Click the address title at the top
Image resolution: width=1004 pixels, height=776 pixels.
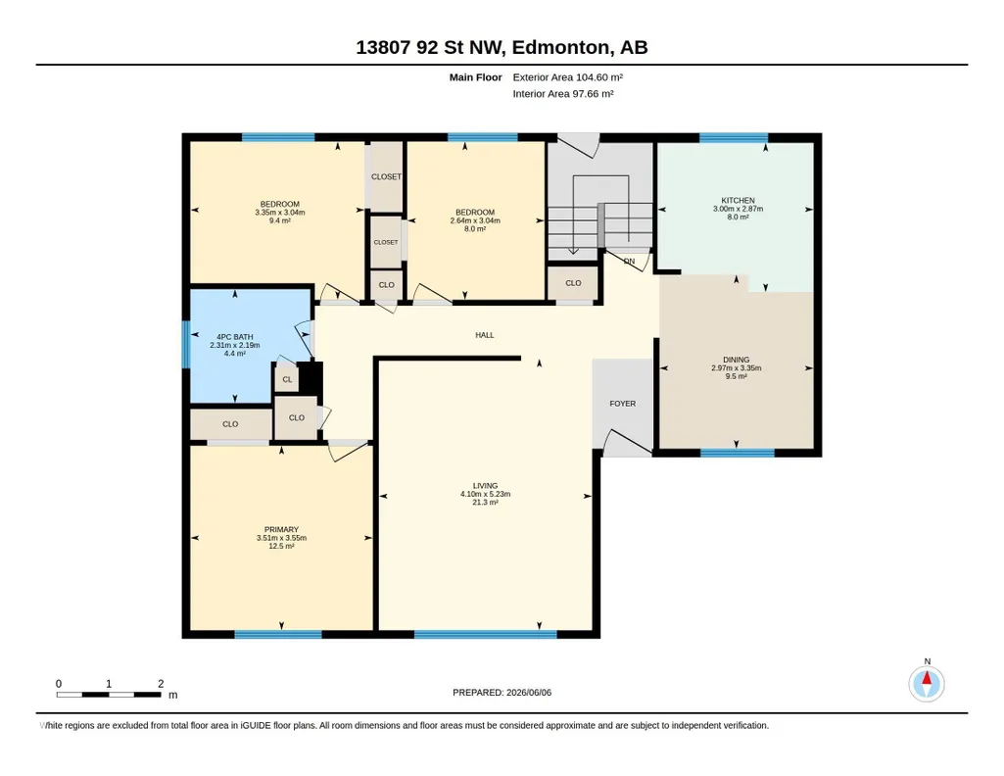[x=502, y=47]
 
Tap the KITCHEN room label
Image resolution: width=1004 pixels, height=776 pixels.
[x=738, y=201]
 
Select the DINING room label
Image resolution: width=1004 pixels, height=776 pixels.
[x=736, y=360]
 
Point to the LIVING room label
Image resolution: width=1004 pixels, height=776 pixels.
[x=485, y=486]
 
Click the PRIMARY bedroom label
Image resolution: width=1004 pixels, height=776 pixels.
[x=281, y=529]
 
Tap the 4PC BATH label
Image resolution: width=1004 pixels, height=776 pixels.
[x=234, y=337]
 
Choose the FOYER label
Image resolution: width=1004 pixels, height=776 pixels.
[x=622, y=404]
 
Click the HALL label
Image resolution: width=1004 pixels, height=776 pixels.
[x=485, y=335]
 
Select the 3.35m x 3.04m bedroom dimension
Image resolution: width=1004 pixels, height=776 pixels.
[x=280, y=213]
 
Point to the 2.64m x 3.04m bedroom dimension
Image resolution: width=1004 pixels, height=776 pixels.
[x=475, y=220]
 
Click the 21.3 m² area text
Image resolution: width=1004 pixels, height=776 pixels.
[x=485, y=503]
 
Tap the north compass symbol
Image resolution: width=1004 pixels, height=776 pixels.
[x=927, y=684]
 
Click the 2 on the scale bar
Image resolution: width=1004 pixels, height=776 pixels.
[x=161, y=684]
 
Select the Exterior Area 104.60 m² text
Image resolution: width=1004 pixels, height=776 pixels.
[x=568, y=77]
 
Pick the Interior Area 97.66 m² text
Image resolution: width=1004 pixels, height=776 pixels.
[x=563, y=93]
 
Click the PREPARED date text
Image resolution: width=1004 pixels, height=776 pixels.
[x=502, y=692]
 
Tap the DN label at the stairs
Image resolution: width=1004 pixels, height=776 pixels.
[x=629, y=262]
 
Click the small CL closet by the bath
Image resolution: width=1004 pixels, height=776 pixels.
[x=287, y=380]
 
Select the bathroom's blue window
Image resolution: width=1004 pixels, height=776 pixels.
[x=186, y=345]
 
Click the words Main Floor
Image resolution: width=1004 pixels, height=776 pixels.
[x=475, y=77]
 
